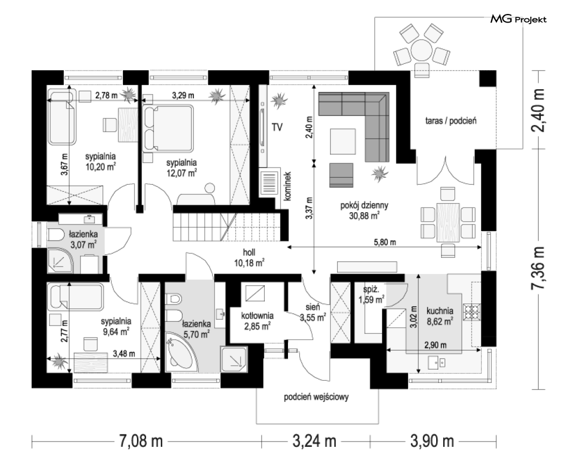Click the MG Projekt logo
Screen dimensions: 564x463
click(518, 19)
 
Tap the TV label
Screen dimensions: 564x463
click(277, 127)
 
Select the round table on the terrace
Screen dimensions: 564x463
click(422, 49)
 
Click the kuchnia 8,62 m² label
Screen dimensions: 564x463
click(439, 315)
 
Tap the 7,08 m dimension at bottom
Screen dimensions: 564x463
click(141, 440)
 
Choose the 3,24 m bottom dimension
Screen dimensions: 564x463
click(314, 440)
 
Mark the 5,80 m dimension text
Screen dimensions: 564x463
click(385, 242)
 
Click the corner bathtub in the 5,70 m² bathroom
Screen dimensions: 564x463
click(183, 351)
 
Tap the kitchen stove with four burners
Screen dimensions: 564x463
click(472, 312)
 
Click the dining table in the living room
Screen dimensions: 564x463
click(448, 222)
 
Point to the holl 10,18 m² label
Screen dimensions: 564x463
click(249, 258)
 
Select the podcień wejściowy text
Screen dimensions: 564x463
click(316, 397)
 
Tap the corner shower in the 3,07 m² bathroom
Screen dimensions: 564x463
click(60, 261)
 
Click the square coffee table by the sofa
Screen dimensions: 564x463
click(343, 141)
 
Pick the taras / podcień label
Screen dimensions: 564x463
click(451, 120)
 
